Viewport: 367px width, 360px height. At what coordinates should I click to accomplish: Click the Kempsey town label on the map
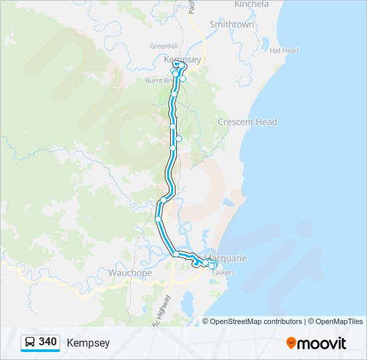182,59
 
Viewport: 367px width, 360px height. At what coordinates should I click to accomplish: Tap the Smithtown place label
232,24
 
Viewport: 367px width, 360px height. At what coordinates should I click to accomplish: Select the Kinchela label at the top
252,4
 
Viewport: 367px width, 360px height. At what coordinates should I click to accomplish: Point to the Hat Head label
284,51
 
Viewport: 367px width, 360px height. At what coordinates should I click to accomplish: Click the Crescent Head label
247,122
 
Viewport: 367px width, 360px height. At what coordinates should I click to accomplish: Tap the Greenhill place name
162,46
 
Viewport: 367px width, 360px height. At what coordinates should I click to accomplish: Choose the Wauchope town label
130,273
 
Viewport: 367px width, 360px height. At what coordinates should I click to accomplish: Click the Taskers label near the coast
222,273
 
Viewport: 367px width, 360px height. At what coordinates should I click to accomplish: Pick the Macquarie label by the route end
227,258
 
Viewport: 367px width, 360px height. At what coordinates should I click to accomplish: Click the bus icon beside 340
31,342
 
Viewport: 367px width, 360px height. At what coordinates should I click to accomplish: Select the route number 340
48,342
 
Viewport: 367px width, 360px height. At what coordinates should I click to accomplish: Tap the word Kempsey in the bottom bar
88,343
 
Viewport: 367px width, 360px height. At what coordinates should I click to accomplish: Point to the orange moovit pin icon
292,343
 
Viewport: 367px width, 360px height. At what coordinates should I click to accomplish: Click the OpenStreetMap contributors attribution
256,321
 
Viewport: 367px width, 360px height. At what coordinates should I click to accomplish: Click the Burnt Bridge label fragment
159,81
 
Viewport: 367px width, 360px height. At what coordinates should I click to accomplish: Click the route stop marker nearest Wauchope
176,254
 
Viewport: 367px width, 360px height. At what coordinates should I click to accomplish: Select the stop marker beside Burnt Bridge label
175,74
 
